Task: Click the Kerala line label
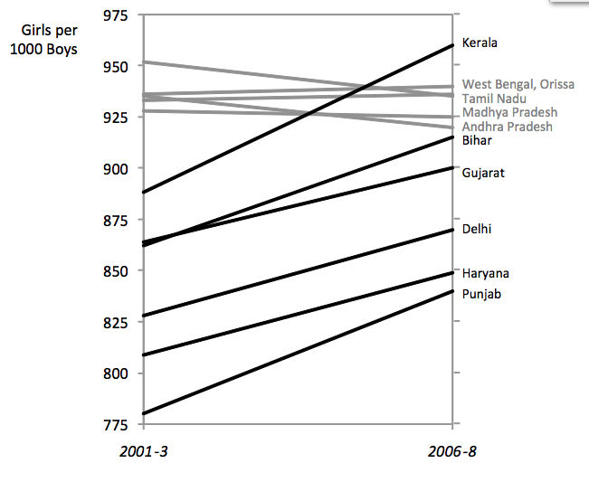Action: coord(480,43)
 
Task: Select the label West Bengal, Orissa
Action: coord(518,84)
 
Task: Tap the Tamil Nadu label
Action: coord(495,98)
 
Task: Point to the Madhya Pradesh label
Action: coord(509,112)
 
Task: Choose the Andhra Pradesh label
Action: coord(507,127)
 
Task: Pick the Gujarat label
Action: coord(482,173)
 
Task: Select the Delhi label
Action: coord(477,230)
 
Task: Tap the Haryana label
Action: coord(484,273)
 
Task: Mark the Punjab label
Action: coord(481,294)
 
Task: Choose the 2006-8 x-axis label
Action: coord(453,451)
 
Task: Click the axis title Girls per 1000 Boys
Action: coord(43,40)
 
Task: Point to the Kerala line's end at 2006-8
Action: coord(452,45)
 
